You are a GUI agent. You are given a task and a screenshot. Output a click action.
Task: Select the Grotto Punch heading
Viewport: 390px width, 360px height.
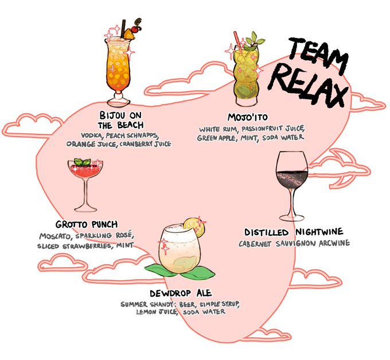pyautogui.click(x=87, y=224)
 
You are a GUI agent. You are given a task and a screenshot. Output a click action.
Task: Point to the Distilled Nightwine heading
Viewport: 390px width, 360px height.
pyautogui.click(x=294, y=232)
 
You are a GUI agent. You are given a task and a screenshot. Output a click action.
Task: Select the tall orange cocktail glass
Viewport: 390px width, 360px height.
pyautogui.click(x=119, y=66)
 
